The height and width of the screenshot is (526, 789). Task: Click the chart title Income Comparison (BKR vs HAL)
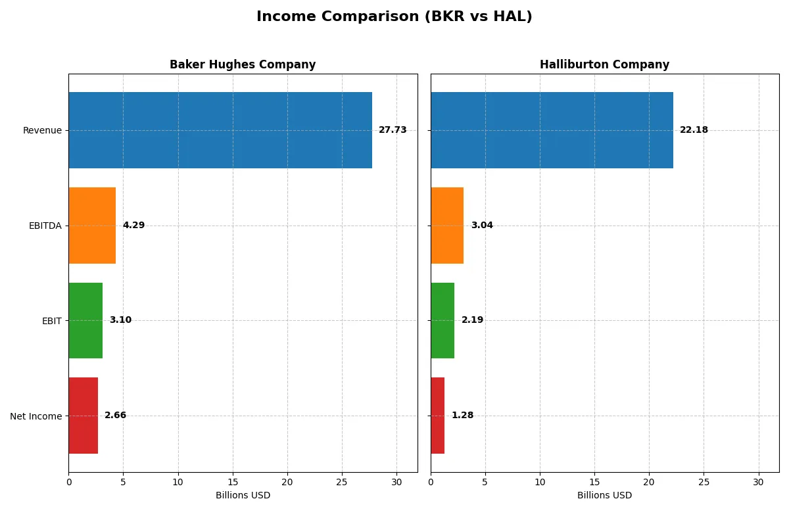(x=394, y=17)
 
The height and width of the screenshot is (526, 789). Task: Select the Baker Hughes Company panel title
(x=243, y=64)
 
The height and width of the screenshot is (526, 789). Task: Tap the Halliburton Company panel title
(x=604, y=64)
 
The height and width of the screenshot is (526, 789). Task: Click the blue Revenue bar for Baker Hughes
(x=220, y=130)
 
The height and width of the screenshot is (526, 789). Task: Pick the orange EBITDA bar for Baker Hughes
(x=92, y=226)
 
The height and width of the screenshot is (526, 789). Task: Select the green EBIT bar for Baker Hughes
(x=85, y=320)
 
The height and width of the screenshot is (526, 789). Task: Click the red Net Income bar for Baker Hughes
(x=84, y=416)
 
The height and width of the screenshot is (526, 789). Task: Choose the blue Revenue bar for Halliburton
(x=552, y=130)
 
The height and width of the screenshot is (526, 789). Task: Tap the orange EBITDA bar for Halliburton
(x=447, y=226)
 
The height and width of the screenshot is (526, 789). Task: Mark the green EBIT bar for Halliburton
(x=442, y=320)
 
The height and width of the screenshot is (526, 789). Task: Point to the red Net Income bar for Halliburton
(x=438, y=416)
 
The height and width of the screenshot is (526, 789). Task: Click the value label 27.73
(x=393, y=130)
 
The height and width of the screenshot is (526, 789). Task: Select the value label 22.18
(x=694, y=130)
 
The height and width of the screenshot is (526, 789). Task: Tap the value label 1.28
(x=462, y=416)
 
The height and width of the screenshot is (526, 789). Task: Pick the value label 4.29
(x=133, y=226)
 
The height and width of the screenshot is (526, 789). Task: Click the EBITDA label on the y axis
(x=45, y=226)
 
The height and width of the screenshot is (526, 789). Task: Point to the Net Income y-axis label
(x=36, y=416)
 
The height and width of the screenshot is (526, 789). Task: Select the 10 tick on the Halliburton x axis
(x=540, y=482)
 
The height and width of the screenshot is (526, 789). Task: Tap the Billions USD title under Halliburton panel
(x=604, y=495)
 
